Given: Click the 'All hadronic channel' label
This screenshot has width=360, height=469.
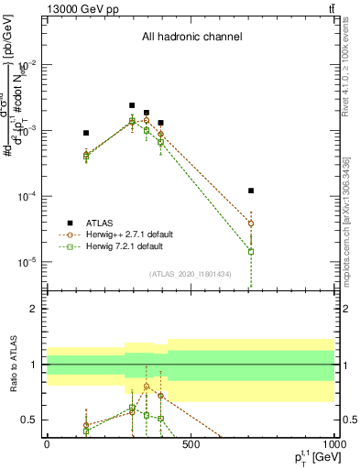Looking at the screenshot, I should (x=191, y=38).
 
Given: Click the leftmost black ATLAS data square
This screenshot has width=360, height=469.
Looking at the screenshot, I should (x=86, y=133).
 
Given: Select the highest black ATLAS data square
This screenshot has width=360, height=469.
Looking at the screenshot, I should (x=132, y=105).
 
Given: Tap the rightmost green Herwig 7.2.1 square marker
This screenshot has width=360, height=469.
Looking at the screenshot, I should (x=251, y=251).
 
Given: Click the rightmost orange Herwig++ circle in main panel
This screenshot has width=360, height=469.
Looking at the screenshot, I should (x=251, y=224).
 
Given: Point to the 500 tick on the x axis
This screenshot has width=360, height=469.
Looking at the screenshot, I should (x=191, y=444).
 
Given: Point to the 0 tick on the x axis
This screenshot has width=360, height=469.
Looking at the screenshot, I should (x=46, y=444).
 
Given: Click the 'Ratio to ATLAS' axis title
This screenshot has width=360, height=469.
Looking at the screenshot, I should (x=12, y=365).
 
